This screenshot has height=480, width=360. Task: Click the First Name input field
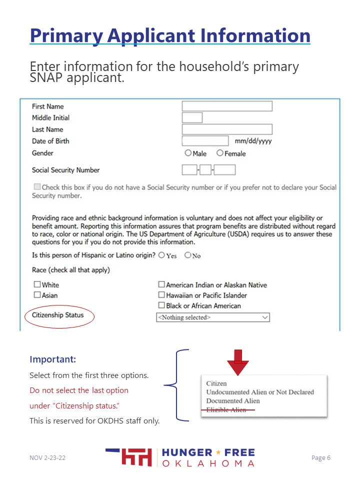pyautogui.click(x=227, y=106)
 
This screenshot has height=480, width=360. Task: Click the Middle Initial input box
pyautogui.click(x=192, y=117)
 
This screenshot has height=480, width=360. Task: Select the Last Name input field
pyautogui.click(x=227, y=129)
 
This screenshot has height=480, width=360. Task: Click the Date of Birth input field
pyautogui.click(x=205, y=141)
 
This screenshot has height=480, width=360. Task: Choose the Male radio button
pyautogui.click(x=188, y=153)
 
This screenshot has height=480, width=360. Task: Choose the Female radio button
pyautogui.click(x=220, y=153)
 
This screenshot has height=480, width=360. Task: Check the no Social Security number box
pyautogui.click(x=37, y=187)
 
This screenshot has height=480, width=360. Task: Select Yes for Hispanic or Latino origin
pyautogui.click(x=161, y=255)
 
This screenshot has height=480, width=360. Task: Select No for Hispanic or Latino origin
pyautogui.click(x=188, y=255)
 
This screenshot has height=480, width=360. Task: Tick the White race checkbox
pyautogui.click(x=37, y=284)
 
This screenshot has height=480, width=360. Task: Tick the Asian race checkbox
pyautogui.click(x=37, y=295)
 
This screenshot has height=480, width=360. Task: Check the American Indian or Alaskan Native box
pyautogui.click(x=161, y=284)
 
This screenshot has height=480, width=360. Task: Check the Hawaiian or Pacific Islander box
pyautogui.click(x=161, y=295)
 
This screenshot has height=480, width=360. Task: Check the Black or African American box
pyautogui.click(x=161, y=305)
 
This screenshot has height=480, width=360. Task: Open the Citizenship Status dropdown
pyautogui.click(x=213, y=317)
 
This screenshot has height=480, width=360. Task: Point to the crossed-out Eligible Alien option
pyautogui.click(x=226, y=409)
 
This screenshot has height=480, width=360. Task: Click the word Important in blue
pyautogui.click(x=52, y=359)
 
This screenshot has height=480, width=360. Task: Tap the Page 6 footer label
pyautogui.click(x=321, y=457)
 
